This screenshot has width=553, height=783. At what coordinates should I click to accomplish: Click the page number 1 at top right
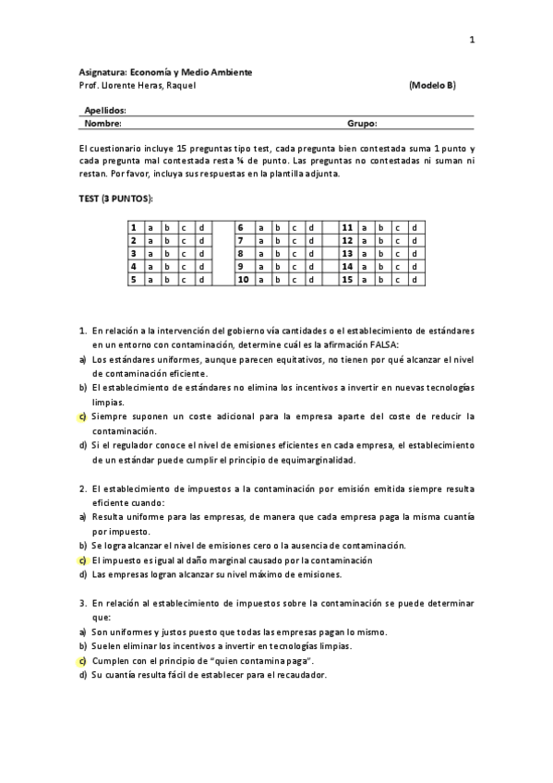pos(472,40)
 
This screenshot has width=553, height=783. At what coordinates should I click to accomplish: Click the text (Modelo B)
pos(432,86)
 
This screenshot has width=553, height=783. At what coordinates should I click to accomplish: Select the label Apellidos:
pos(104,109)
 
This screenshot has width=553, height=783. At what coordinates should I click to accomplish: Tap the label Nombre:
pos(102,122)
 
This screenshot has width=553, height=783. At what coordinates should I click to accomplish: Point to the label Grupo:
pos(362,122)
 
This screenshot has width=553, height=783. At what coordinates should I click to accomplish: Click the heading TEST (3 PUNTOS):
pos(114,198)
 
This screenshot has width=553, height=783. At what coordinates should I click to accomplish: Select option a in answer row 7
pos(261,240)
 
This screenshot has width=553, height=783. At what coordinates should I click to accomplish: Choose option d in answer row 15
pos(415,279)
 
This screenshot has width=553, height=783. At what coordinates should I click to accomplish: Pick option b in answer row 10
pos(277,279)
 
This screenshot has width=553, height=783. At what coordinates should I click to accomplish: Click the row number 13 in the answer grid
pos(348,253)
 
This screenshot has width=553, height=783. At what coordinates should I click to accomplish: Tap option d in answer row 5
pos(200,279)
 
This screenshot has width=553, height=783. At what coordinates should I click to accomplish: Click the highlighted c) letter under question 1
pos(82,416)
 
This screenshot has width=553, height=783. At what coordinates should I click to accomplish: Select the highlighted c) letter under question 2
pos(82,560)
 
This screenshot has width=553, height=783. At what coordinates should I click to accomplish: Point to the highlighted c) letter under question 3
pos(82,660)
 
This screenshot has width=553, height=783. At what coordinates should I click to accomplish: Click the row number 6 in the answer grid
pos(240,227)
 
